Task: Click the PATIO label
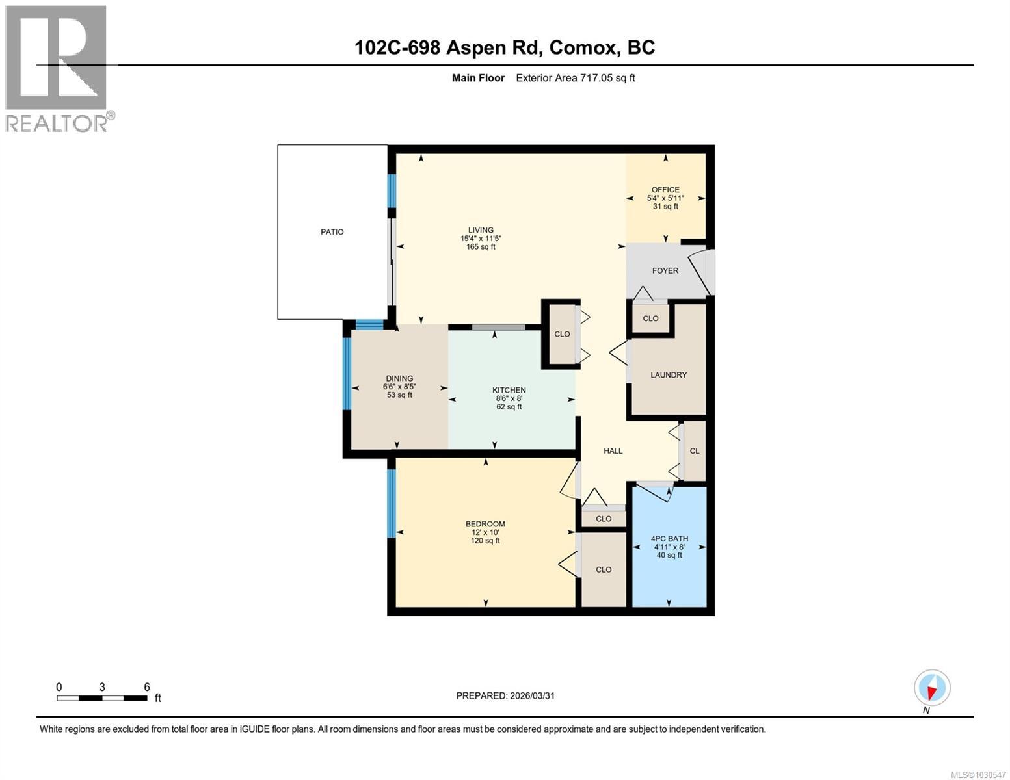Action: (x=332, y=232)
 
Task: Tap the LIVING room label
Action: (x=481, y=230)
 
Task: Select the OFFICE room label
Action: (x=665, y=190)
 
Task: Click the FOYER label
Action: (x=665, y=270)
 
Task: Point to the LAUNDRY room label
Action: (x=669, y=375)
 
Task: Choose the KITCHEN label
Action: (x=509, y=390)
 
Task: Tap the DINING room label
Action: (x=399, y=378)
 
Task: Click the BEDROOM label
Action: (x=485, y=524)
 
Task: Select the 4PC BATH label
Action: (x=669, y=538)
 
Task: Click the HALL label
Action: (x=613, y=451)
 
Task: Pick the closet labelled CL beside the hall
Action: (x=694, y=451)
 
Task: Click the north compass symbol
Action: (x=932, y=688)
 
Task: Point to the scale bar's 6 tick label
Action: (x=147, y=687)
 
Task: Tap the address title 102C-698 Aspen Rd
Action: (x=505, y=47)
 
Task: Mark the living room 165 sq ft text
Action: (x=481, y=247)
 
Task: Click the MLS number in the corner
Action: (x=979, y=774)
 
